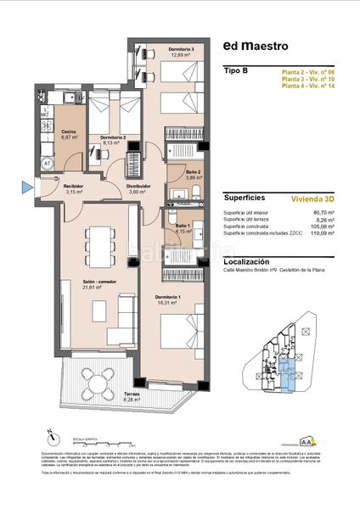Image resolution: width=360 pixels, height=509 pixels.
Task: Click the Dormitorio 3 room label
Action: (x=182, y=49)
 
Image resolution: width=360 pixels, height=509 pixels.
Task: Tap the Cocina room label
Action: (x=70, y=131)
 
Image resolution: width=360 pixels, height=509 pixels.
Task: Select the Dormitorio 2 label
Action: (x=113, y=137)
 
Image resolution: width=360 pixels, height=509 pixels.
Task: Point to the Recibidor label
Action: (x=71, y=186)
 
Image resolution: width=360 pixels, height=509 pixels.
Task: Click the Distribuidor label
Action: (x=138, y=186)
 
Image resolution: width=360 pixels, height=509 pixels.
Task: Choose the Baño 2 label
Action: (x=193, y=173)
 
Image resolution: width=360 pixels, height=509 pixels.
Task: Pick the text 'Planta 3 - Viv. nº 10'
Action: (x=308, y=80)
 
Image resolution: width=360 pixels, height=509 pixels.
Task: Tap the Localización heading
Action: (x=251, y=262)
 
